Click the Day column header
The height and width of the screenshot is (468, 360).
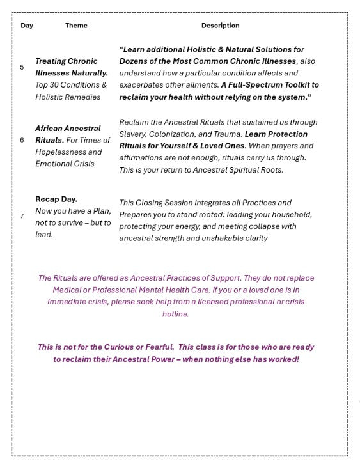(x=27, y=26)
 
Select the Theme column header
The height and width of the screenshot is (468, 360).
(x=76, y=26)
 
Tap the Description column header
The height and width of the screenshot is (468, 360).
(x=220, y=26)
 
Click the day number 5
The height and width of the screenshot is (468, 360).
(x=22, y=67)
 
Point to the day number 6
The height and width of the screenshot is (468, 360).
(x=22, y=140)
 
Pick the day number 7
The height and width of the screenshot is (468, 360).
(x=22, y=216)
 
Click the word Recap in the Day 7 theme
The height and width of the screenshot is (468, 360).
(x=49, y=199)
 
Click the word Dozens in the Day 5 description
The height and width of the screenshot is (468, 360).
(x=136, y=61)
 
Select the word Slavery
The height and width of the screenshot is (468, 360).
(x=134, y=134)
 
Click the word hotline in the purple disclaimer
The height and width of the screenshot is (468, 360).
(x=175, y=314)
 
